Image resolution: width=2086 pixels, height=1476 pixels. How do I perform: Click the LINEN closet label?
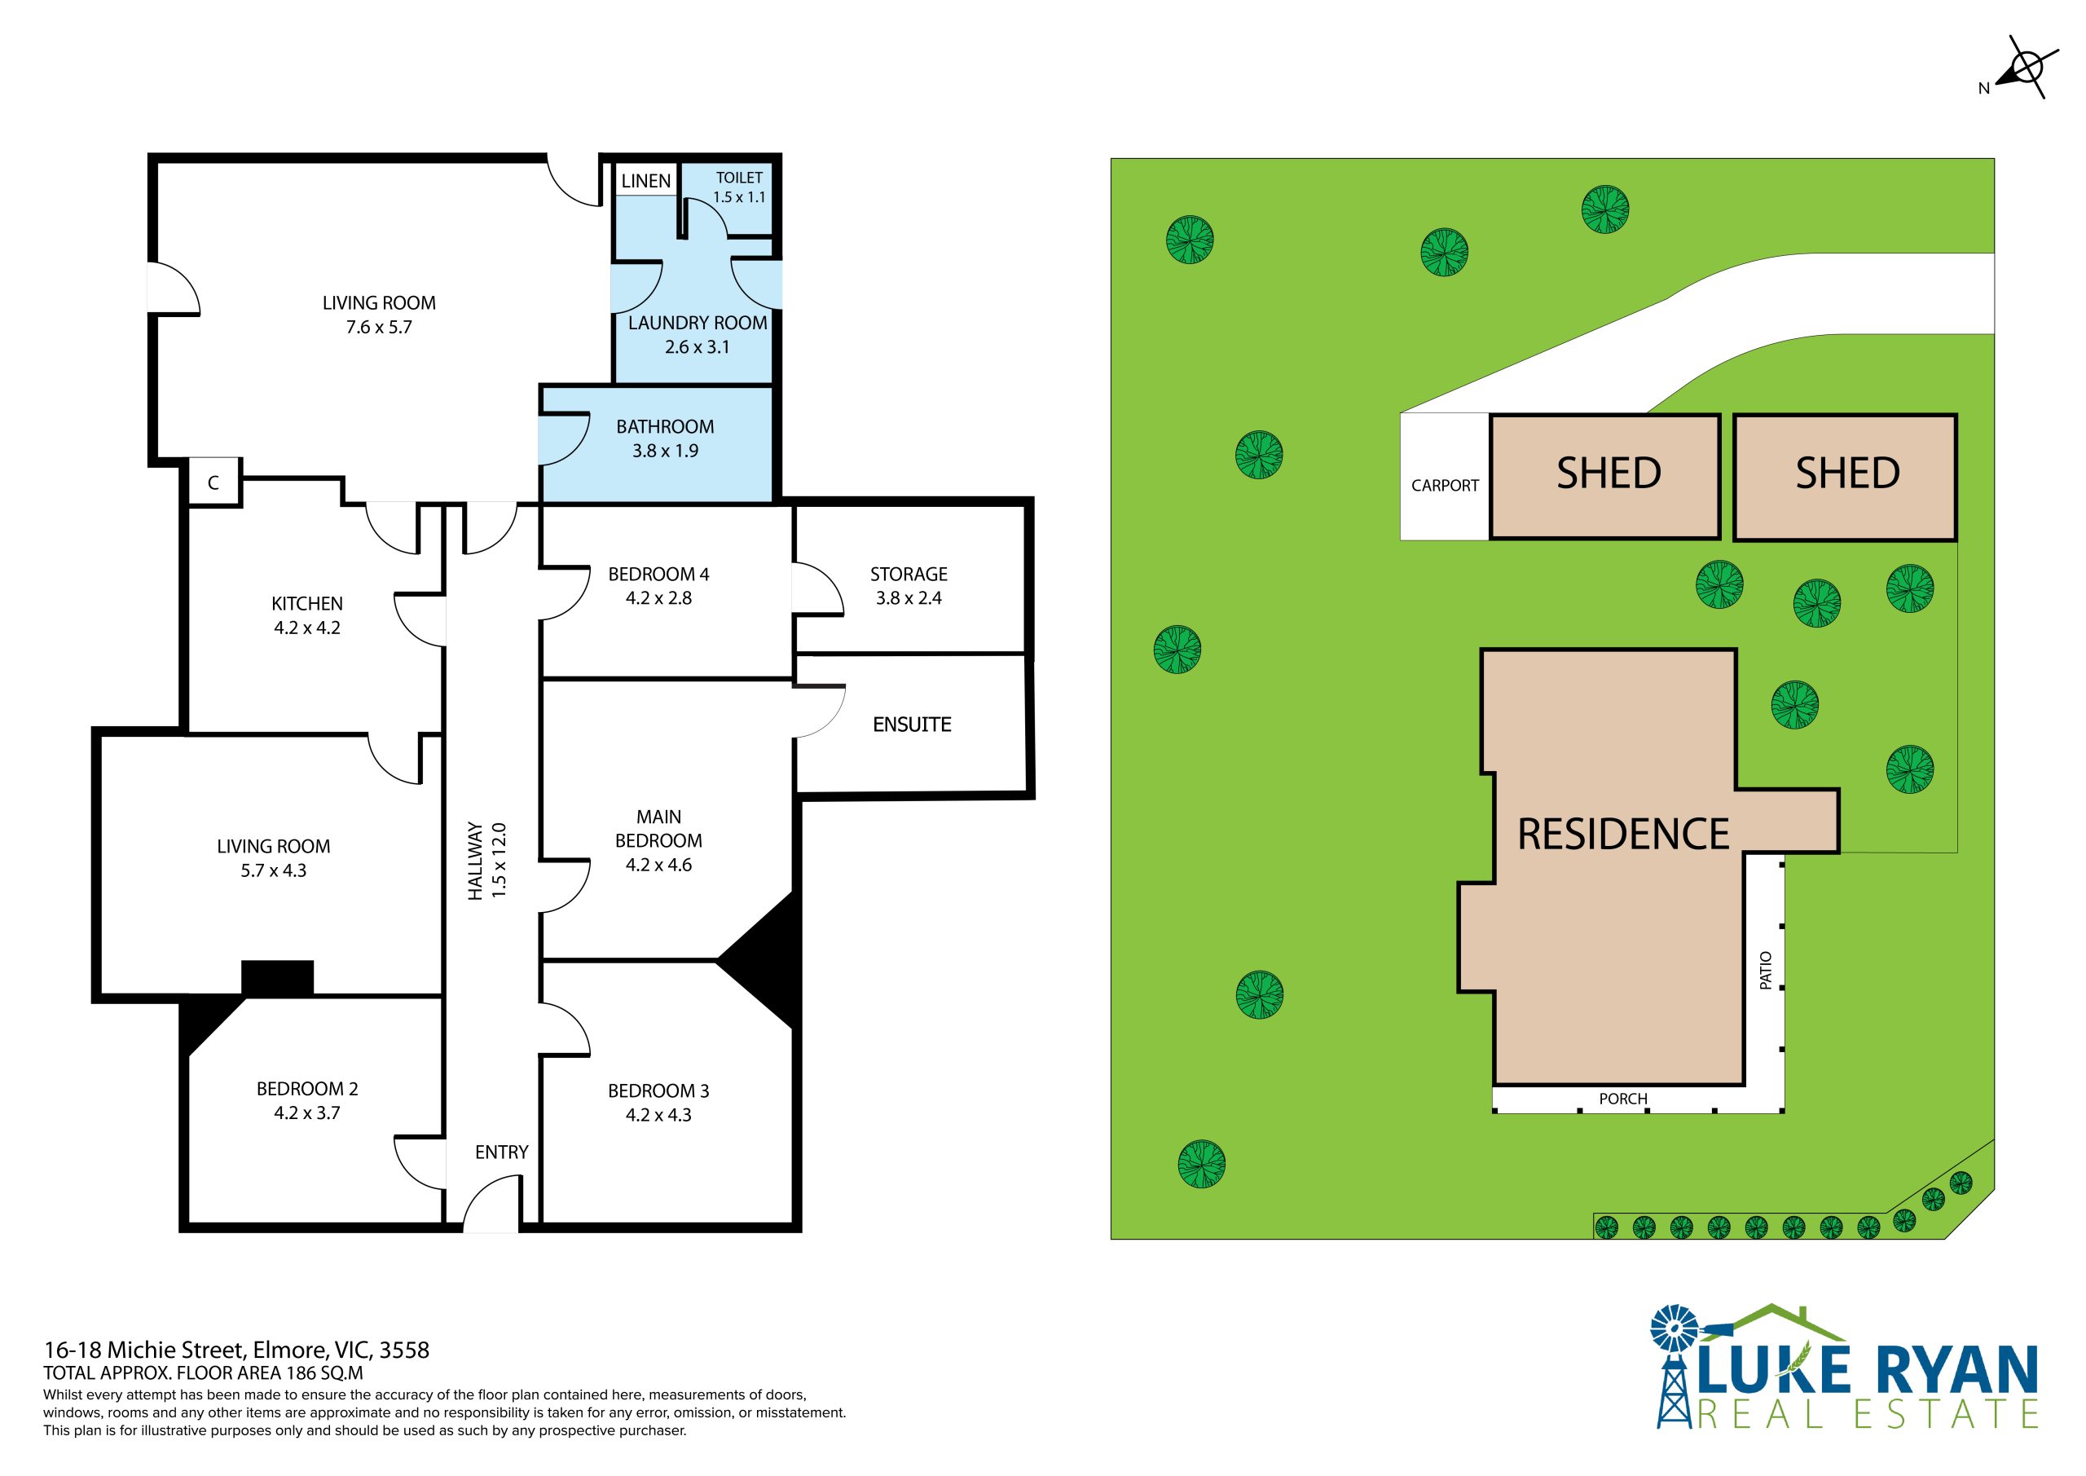(646, 181)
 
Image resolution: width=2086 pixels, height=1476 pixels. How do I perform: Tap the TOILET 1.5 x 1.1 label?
(738, 187)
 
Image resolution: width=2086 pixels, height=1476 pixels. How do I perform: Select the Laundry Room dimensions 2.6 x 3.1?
(697, 347)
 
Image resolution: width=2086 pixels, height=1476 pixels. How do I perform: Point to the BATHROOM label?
(665, 426)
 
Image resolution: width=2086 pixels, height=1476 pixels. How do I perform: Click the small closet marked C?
(213, 482)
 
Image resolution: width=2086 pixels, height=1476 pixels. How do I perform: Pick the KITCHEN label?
(307, 603)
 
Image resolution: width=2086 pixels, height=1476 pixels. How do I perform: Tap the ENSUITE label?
(912, 725)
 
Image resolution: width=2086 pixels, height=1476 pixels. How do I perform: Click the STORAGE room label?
(909, 575)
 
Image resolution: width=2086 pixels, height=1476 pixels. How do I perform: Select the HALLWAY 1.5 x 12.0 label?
(486, 861)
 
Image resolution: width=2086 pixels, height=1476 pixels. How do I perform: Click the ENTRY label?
(501, 1152)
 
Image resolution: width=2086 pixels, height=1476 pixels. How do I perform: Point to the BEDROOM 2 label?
(307, 1089)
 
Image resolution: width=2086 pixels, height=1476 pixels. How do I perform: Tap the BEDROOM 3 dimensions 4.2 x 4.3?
(658, 1115)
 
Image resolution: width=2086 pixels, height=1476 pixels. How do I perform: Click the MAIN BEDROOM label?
(658, 829)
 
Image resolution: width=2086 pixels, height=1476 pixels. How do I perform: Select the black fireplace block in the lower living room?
(277, 978)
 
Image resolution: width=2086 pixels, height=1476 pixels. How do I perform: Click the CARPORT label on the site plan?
(1445, 485)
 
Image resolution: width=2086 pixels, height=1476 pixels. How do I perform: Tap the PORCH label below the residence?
(1622, 1099)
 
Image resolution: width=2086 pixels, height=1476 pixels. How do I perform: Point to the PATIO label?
(1765, 970)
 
